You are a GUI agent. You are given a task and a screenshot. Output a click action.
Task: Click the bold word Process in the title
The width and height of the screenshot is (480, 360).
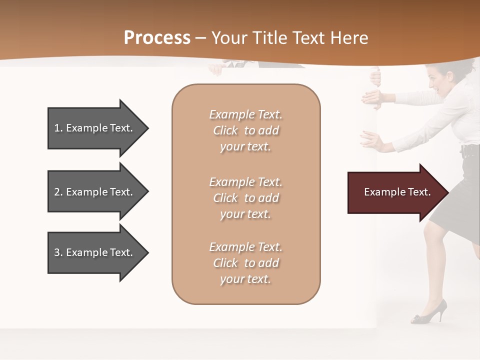157,38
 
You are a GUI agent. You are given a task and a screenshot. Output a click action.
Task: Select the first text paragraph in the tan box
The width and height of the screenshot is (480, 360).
245,130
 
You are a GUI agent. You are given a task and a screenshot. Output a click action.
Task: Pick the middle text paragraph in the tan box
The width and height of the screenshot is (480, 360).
245,198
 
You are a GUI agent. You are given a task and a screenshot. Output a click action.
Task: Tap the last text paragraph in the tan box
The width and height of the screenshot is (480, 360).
245,263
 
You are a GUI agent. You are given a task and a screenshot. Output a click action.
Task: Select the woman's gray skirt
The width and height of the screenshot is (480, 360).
450,200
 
